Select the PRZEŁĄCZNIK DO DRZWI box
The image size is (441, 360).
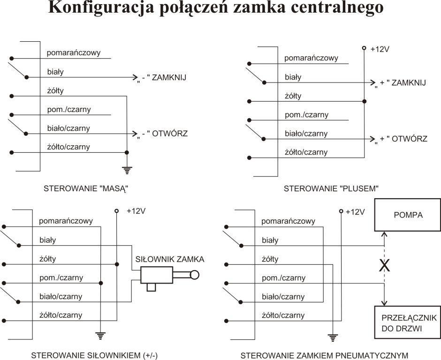[408, 322]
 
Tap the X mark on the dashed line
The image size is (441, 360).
[385, 265]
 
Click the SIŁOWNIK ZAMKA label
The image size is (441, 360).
[169, 259]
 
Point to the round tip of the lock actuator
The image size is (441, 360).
[195, 275]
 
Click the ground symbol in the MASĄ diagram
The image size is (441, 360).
[127, 170]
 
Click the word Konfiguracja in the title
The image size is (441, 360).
[101, 7]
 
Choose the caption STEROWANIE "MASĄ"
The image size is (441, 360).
[86, 188]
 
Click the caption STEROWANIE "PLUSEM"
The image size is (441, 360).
[331, 188]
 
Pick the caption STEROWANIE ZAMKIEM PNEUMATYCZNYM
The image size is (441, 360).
[324, 355]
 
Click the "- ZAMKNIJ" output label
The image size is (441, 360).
[162, 78]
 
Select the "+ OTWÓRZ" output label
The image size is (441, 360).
[401, 139]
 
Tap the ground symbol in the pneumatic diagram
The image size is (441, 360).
[333, 337]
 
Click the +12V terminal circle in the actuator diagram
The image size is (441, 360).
[116, 211]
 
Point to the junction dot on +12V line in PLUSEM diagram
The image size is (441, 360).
[365, 101]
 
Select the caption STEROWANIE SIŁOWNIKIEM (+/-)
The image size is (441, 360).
[94, 355]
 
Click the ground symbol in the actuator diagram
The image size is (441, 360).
[100, 336]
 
